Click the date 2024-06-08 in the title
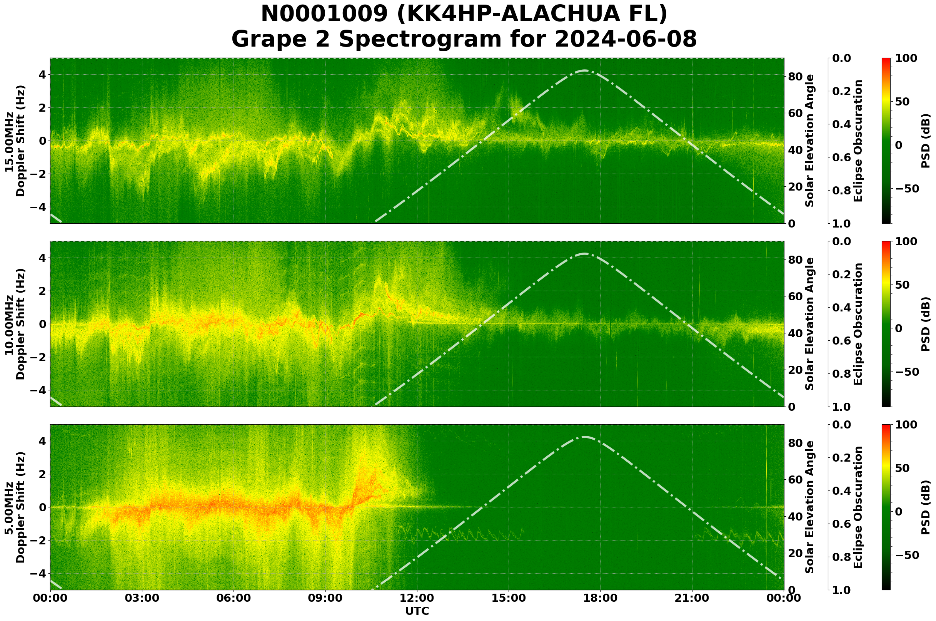tap(625, 40)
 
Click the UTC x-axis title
tap(417, 611)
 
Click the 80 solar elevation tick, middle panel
tap(795, 260)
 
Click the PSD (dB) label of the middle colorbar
tap(925, 324)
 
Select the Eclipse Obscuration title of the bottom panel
tap(858, 507)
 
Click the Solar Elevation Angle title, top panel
tap(810, 141)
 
